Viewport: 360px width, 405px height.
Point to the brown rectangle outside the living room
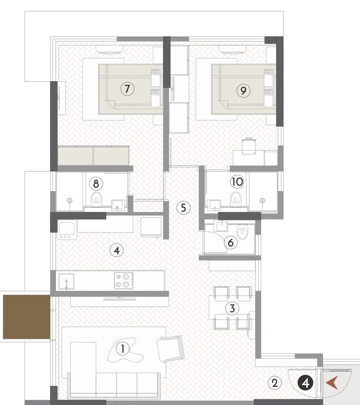click(27, 316)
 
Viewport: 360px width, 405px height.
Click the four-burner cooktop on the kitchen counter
click(123, 281)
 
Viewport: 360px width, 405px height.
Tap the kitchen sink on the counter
click(66, 281)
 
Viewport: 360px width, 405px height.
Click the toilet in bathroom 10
click(236, 199)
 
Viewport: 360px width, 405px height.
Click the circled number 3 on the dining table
click(232, 309)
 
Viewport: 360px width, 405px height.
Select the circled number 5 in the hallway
click(183, 208)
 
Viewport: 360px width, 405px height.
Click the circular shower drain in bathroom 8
click(69, 201)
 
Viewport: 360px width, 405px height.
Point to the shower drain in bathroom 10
click(262, 200)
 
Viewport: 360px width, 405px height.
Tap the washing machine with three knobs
click(66, 230)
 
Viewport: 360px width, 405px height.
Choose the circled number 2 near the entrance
click(274, 383)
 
